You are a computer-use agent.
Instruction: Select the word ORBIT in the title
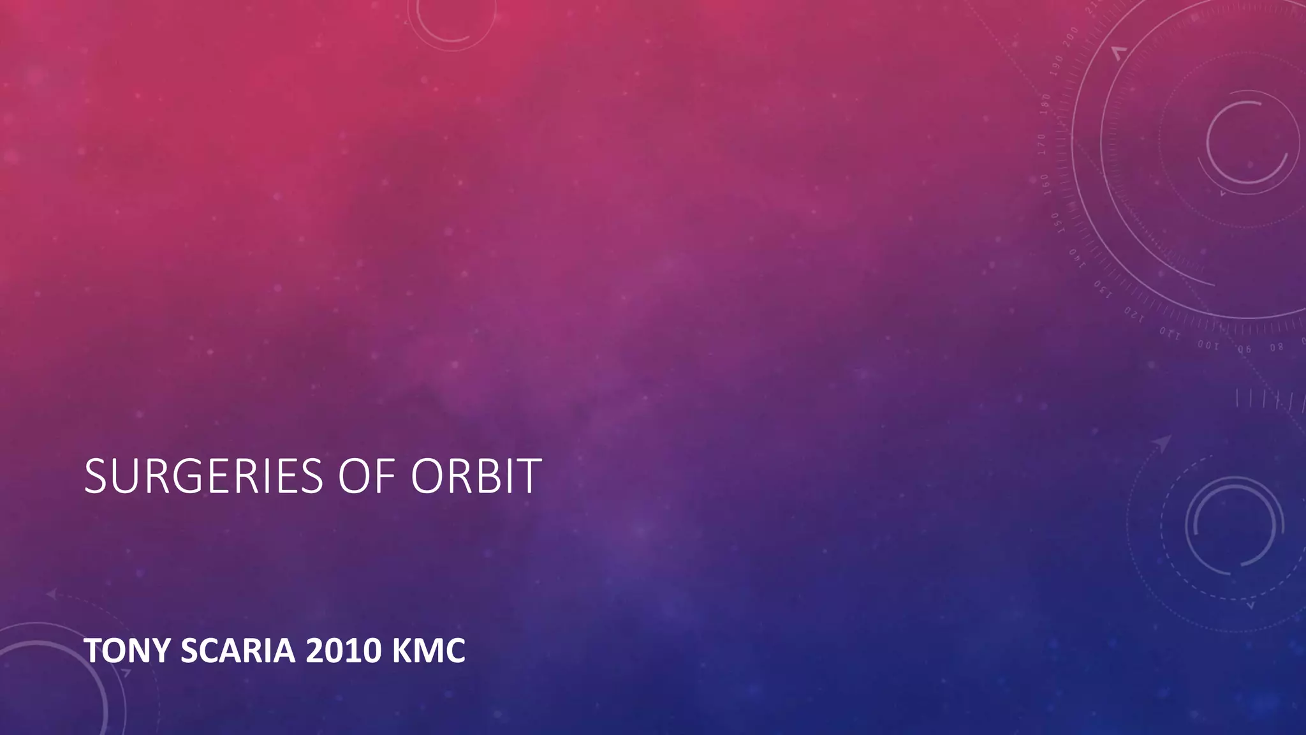(x=476, y=476)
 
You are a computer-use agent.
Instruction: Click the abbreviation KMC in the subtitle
(x=429, y=651)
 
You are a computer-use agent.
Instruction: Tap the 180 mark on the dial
(x=1045, y=104)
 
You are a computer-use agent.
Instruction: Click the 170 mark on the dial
(x=1041, y=145)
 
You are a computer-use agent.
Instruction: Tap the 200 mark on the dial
(x=1071, y=36)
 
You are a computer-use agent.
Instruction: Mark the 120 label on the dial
(x=1134, y=314)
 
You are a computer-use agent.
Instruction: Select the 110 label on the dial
(x=1170, y=334)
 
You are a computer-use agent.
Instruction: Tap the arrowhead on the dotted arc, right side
(x=1162, y=442)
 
